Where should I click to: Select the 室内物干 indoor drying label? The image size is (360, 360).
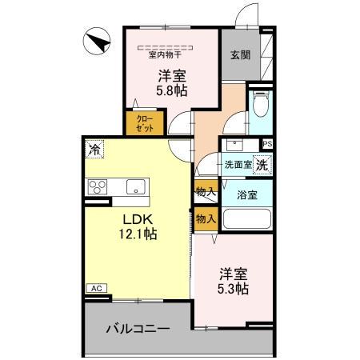point(166,55)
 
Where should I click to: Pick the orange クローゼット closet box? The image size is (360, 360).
point(144,122)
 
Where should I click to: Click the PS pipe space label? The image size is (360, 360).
point(266,145)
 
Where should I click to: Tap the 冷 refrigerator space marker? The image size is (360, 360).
point(95,150)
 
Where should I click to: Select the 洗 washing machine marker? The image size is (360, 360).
point(261,164)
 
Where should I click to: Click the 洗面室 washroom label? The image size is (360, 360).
point(237,165)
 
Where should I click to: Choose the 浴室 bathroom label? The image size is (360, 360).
point(246,194)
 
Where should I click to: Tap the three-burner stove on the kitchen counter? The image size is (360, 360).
point(99,187)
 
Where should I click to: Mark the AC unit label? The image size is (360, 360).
point(94,288)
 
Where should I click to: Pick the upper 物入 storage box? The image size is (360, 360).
point(205,192)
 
